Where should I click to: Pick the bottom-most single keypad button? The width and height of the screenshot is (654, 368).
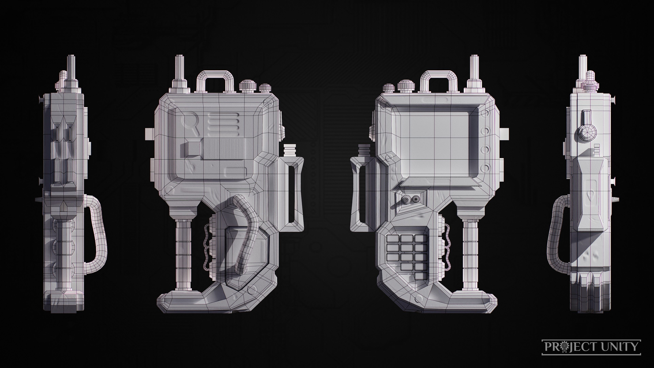(x=420, y=276)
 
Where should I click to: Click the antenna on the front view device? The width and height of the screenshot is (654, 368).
(x=474, y=67)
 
